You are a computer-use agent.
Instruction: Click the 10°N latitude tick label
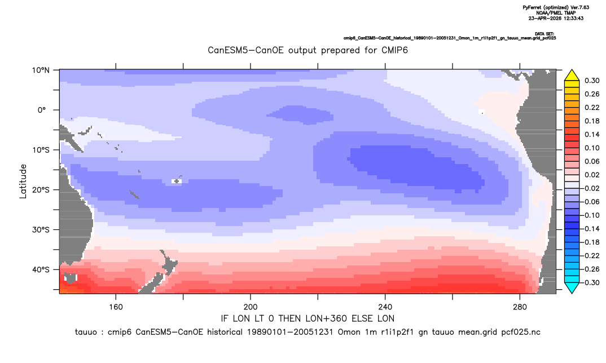point(41,70)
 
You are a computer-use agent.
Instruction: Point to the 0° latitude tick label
point(42,110)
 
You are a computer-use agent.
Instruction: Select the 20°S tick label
point(41,190)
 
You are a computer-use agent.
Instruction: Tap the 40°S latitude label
point(41,269)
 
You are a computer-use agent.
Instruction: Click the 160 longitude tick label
point(116,307)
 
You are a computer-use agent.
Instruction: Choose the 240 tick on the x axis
point(385,307)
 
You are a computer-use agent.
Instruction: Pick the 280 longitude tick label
point(520,307)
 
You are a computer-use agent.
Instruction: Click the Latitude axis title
point(23,181)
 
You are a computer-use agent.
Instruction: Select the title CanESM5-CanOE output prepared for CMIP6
point(308,51)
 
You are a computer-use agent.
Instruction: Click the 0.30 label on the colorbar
point(592,81)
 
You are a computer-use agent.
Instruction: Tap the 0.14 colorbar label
point(592,134)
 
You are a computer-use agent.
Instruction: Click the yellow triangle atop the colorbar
point(572,76)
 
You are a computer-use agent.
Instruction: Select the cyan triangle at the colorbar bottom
point(572,287)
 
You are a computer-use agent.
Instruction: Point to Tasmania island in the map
point(71,277)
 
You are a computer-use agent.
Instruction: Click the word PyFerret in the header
point(534,8)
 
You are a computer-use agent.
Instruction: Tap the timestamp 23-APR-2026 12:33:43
point(556,18)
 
